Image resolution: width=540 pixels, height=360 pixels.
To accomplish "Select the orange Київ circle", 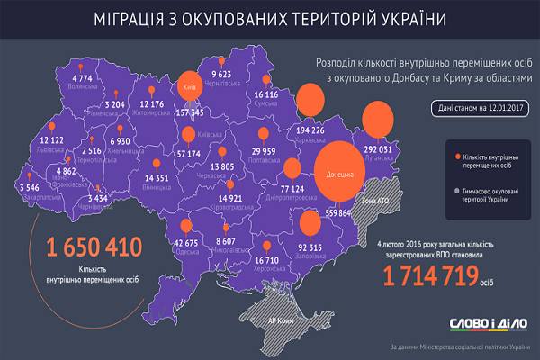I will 189,87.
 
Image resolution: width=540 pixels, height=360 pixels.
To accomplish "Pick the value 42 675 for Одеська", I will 184,244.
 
